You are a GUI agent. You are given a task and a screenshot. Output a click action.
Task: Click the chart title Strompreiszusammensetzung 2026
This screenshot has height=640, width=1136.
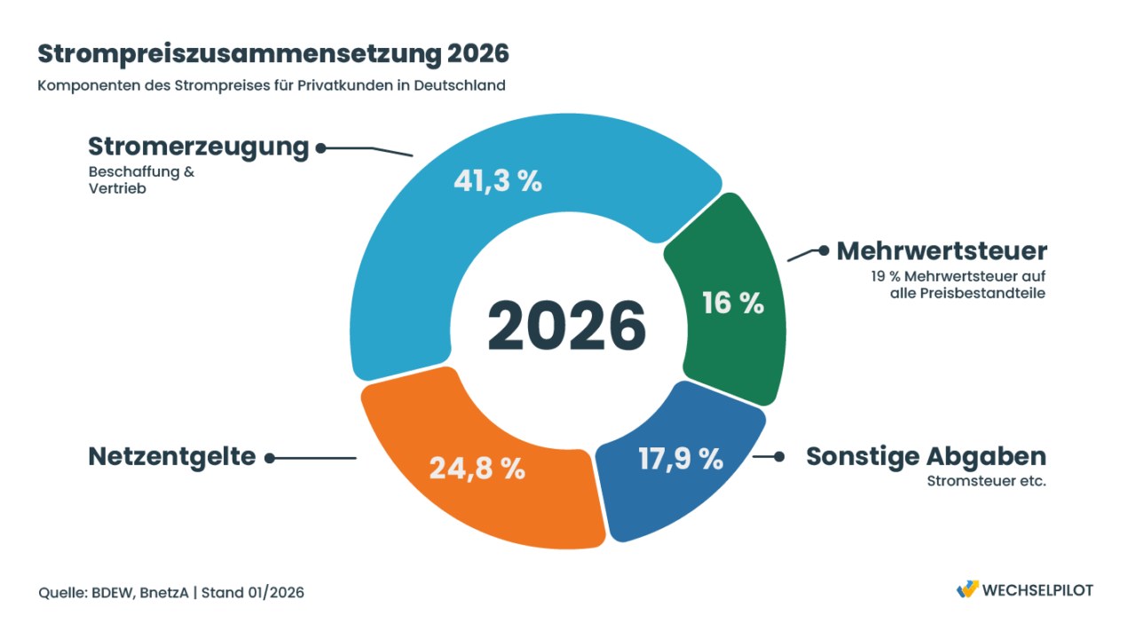[x=273, y=53]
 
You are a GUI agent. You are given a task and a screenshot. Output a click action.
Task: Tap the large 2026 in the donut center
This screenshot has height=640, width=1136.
[x=566, y=325]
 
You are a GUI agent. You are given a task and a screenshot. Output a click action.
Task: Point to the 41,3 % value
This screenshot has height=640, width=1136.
[x=497, y=181]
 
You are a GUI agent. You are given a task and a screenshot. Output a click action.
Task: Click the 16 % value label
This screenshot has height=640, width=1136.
[x=733, y=304]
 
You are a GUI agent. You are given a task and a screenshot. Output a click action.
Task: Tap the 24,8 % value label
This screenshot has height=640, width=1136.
[x=477, y=468]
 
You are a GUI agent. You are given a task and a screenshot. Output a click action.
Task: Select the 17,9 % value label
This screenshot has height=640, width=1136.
[x=682, y=459]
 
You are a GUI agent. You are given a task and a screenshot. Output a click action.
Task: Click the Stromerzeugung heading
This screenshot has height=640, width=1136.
[x=199, y=147]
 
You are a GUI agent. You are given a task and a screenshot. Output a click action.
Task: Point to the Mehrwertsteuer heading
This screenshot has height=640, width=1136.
[x=942, y=251]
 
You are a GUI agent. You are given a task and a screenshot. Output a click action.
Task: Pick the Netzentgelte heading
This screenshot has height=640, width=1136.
[x=172, y=457]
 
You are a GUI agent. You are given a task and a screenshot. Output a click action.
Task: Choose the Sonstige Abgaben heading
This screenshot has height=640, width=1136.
[x=926, y=456]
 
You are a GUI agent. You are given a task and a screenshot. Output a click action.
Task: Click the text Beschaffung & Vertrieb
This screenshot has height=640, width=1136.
[x=140, y=180]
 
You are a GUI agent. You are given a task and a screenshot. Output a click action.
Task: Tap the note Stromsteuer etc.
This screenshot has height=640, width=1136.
[x=986, y=483]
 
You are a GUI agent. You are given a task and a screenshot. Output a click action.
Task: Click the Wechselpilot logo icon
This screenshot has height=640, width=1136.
[x=966, y=589]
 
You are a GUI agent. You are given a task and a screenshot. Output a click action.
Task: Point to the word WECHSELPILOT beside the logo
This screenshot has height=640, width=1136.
[x=1039, y=590]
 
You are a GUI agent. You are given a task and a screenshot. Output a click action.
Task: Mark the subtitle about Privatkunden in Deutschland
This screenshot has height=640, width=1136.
[x=272, y=86]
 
